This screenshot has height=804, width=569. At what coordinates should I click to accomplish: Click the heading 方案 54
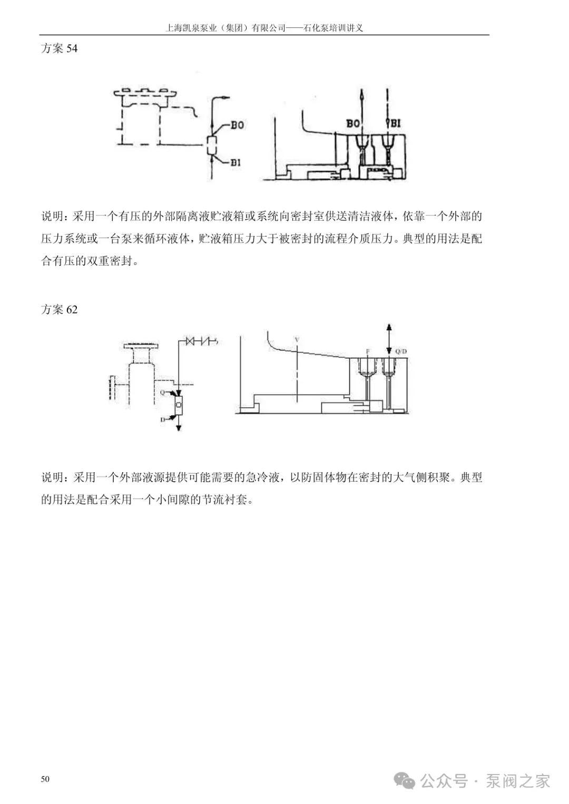click(59, 48)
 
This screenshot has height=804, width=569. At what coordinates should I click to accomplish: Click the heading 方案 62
click(59, 309)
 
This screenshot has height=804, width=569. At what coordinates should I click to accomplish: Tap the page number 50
click(45, 779)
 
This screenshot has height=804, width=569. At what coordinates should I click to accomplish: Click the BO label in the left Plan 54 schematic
click(237, 125)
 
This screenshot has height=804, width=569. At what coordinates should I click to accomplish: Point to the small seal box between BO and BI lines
click(212, 144)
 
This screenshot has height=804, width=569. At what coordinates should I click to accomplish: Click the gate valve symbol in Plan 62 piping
click(192, 341)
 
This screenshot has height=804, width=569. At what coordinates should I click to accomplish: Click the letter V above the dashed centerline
click(297, 340)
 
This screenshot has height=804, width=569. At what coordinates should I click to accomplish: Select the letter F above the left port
click(368, 351)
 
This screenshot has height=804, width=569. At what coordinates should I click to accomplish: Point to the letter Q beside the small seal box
click(162, 393)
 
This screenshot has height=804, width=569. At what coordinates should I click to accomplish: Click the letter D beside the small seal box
click(163, 419)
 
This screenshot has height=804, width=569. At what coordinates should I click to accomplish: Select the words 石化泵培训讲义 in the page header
click(333, 28)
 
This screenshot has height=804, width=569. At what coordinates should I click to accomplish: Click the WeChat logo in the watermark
click(406, 780)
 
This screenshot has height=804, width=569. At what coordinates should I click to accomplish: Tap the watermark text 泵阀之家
click(518, 780)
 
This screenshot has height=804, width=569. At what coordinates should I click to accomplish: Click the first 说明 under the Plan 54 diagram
click(53, 217)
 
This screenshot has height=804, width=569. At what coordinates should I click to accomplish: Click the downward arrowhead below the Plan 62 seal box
click(179, 428)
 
